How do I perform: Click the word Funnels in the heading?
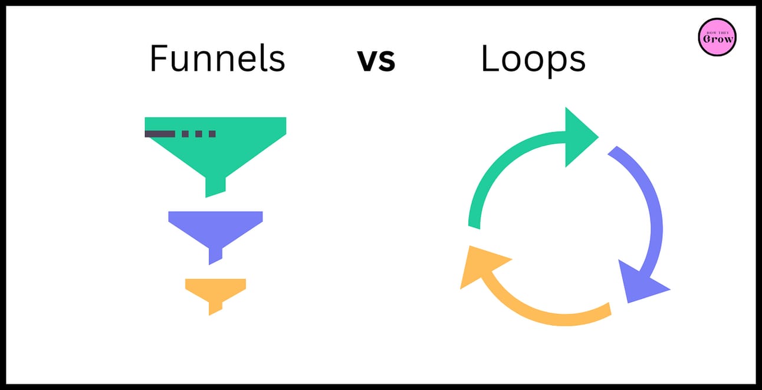pos(217,58)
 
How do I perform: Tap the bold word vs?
pos(376,60)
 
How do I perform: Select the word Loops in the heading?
pos(533,60)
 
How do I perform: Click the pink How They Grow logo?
pos(717,37)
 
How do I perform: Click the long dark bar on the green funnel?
pos(160,134)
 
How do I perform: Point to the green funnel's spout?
pos(215,186)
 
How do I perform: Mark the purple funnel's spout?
pos(215,256)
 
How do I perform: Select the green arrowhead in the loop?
pos(580,137)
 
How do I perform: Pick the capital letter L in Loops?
pos(490,58)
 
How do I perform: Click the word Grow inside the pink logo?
pos(718,39)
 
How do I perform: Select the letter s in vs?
pos(387,61)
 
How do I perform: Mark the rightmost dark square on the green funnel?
pos(212,134)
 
